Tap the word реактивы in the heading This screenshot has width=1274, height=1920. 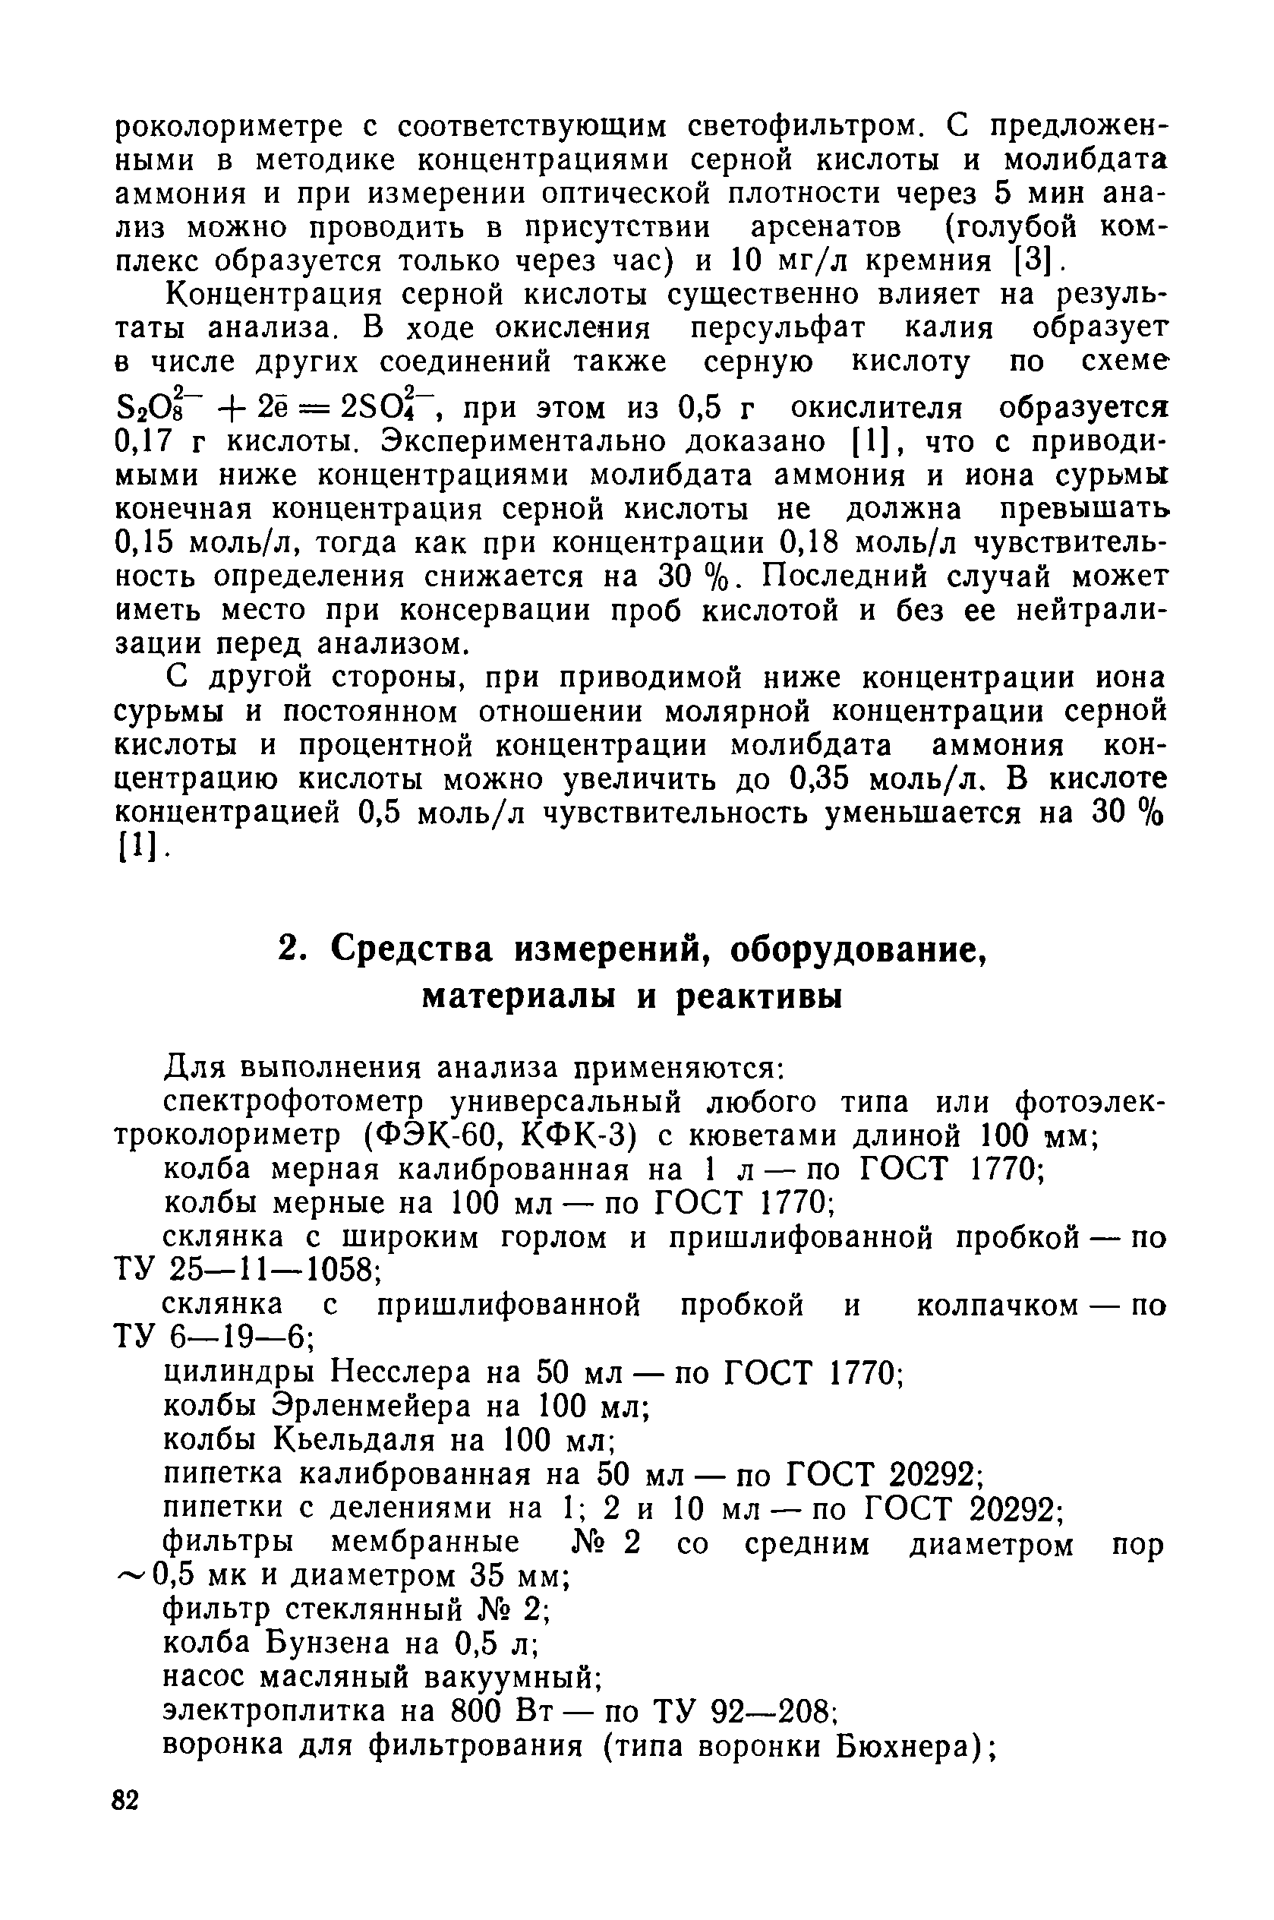pyautogui.click(x=760, y=996)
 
